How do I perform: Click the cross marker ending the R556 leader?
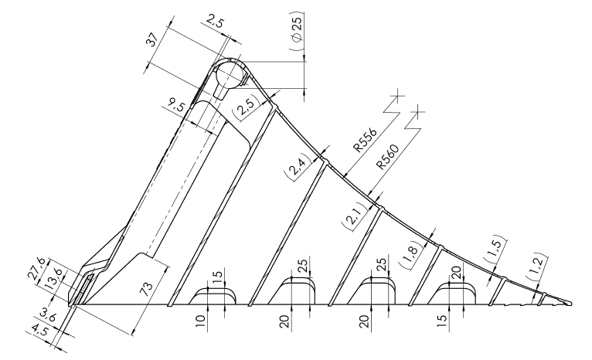tap(397, 97)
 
